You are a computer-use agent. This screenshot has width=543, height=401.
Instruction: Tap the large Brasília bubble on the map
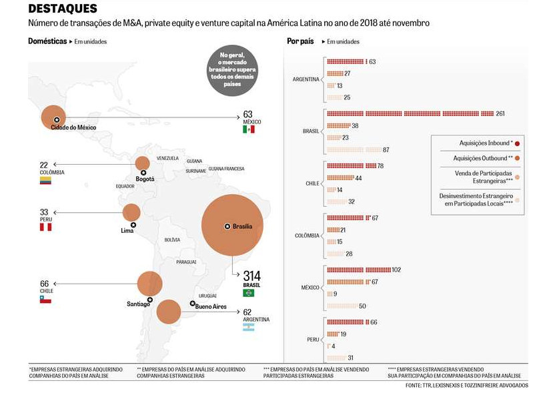(232, 226)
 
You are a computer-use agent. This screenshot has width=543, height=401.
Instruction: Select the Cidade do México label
(73, 127)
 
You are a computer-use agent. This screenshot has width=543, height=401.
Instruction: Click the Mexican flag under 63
(248, 129)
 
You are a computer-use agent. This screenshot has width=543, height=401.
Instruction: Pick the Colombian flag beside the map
(45, 180)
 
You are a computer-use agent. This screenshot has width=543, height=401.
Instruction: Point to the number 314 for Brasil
(252, 276)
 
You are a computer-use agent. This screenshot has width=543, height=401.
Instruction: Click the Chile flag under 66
(45, 300)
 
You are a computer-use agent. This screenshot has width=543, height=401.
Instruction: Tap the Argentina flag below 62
(248, 328)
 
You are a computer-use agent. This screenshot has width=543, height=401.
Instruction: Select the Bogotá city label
(145, 179)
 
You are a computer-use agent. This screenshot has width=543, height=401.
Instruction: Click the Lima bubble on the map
(131, 213)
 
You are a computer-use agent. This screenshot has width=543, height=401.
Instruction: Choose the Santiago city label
(138, 304)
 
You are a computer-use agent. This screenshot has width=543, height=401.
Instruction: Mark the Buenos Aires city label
(211, 307)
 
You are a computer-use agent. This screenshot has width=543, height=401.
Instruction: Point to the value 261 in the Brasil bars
(500, 113)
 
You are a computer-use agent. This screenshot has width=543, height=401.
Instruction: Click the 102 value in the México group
(396, 270)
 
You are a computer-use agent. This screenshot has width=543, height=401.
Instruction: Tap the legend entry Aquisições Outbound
(483, 158)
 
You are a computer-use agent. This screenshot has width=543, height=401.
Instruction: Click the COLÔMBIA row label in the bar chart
(307, 236)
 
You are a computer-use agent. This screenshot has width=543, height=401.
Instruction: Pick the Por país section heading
(300, 41)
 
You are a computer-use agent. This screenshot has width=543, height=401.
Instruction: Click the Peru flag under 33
(45, 227)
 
